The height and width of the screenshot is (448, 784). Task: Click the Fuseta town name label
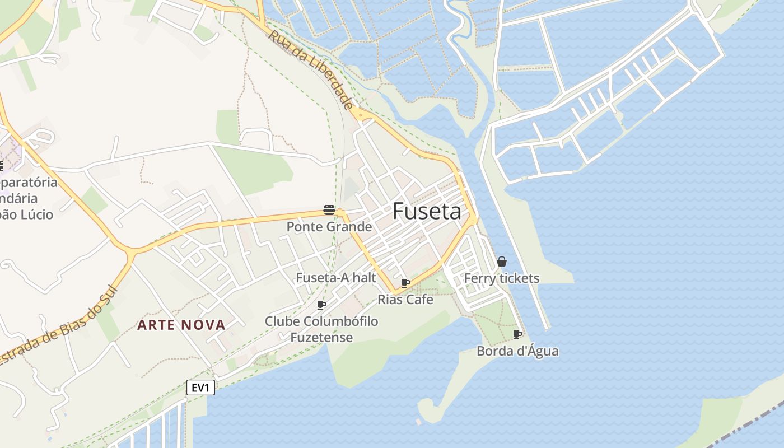point(427,211)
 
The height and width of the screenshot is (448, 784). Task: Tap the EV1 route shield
point(200,388)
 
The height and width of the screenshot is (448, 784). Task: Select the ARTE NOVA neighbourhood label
point(181,325)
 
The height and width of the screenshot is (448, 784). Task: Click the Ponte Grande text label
point(329,227)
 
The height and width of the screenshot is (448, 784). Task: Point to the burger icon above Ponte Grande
point(329,210)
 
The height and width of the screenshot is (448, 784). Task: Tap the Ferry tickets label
point(502,278)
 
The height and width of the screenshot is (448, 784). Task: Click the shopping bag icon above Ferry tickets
point(502,262)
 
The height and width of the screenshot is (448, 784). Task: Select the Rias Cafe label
point(405,300)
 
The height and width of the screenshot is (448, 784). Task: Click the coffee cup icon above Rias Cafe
point(405,283)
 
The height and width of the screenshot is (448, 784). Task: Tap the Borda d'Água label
point(517,352)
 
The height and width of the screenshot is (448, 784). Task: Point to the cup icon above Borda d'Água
point(517,335)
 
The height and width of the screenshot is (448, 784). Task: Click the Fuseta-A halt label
point(336,278)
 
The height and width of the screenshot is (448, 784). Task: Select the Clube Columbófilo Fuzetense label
point(321,329)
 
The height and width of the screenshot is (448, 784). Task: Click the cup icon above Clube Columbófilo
point(321,305)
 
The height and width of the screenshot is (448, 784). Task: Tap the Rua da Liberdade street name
point(311,69)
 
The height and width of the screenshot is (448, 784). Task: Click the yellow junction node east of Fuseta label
point(473,220)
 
